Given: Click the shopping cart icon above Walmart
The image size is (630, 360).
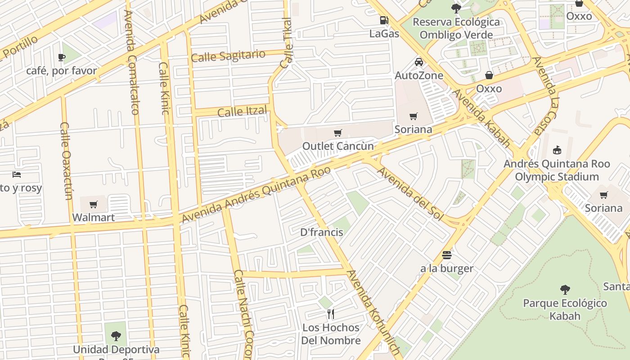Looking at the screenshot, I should [94, 205].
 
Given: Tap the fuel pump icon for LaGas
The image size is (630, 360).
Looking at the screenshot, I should [384, 20].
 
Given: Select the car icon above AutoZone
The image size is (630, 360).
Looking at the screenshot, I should [419, 62].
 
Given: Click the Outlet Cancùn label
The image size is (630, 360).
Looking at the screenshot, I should [337, 146].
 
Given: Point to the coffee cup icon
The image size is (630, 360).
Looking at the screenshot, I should [62, 57].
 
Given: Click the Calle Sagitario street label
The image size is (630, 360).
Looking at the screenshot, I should [228, 56].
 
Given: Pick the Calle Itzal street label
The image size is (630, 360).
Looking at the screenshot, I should [242, 111].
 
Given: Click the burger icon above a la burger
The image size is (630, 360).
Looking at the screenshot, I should [446, 255].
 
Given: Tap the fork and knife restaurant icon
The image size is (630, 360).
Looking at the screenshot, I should [331, 314].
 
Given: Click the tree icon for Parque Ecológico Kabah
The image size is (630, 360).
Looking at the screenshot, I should [565, 289].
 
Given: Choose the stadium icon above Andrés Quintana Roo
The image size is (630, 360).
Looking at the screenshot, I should [557, 150].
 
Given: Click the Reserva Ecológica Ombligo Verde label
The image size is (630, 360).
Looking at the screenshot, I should [456, 28].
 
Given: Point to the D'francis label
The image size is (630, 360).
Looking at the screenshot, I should [321, 233].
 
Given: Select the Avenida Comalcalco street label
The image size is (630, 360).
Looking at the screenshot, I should [131, 63].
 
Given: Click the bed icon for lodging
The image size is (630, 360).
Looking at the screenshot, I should [17, 175].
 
